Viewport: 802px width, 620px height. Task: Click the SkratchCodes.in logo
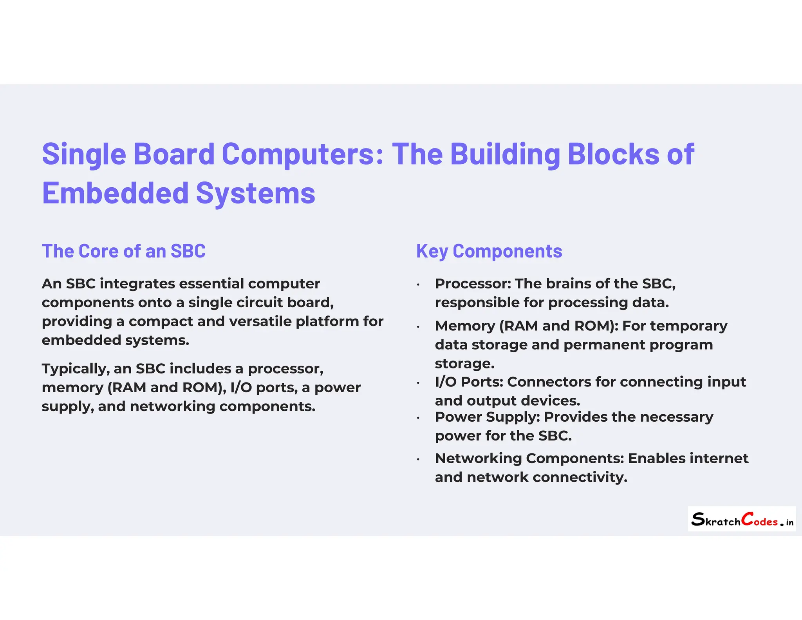(741, 519)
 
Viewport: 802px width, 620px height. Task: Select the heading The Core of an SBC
(123, 251)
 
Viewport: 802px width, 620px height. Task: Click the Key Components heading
(489, 251)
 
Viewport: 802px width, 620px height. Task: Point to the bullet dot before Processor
(418, 285)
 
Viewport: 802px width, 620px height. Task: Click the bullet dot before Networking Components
(418, 459)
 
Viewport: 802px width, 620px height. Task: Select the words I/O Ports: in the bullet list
(469, 382)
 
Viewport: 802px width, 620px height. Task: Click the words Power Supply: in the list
(487, 417)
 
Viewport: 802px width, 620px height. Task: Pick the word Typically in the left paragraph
(76, 369)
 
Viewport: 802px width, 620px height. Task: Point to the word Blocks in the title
(613, 154)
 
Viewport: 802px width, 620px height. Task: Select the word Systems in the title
(255, 193)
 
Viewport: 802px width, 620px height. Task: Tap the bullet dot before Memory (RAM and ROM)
(418, 327)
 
